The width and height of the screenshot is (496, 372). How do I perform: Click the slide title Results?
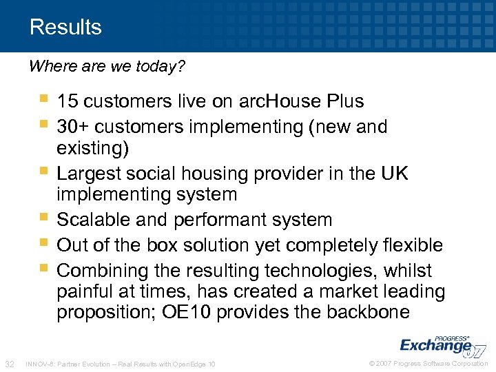(x=65, y=28)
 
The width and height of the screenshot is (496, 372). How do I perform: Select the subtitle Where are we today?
(x=107, y=67)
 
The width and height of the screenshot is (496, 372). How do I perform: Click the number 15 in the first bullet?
(x=67, y=101)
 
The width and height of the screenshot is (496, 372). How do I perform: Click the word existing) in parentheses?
(x=92, y=148)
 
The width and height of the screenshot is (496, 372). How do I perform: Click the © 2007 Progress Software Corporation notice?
(x=428, y=363)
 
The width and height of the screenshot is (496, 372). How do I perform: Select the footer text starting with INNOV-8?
(x=120, y=363)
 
